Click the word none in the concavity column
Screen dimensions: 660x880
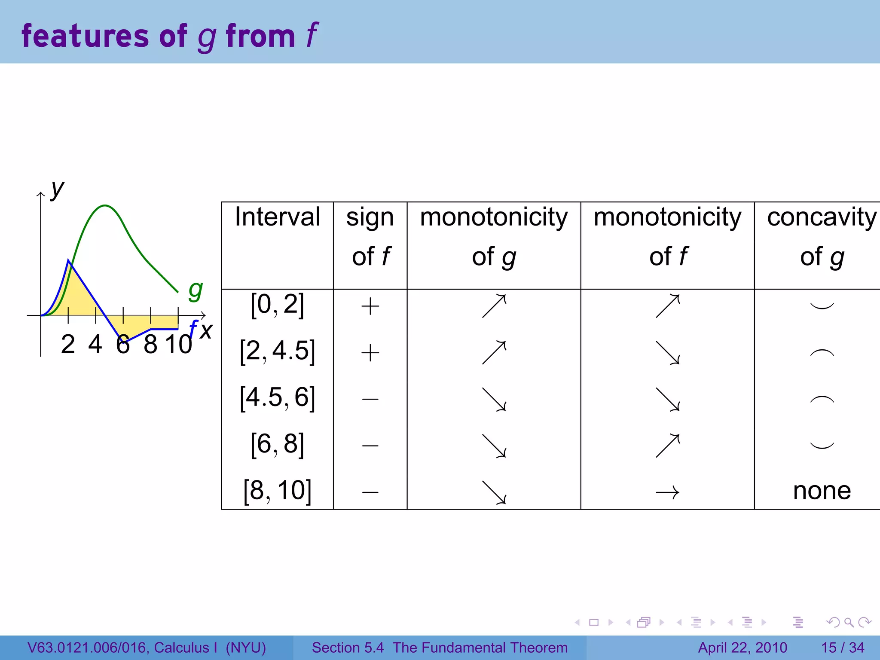pos(822,491)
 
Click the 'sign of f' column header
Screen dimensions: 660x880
pos(370,236)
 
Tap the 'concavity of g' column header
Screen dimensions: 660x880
pos(822,236)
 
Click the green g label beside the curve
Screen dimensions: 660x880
pos(196,291)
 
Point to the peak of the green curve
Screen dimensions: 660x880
pos(105,206)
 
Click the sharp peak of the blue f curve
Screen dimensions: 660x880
pos(69,260)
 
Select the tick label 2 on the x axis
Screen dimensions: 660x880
pos(68,345)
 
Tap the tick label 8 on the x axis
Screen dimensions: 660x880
pos(150,345)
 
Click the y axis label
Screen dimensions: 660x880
pos(57,189)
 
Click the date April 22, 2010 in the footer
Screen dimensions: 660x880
pos(742,648)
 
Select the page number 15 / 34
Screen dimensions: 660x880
pos(843,648)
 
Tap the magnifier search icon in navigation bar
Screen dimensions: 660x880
pos(849,622)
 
